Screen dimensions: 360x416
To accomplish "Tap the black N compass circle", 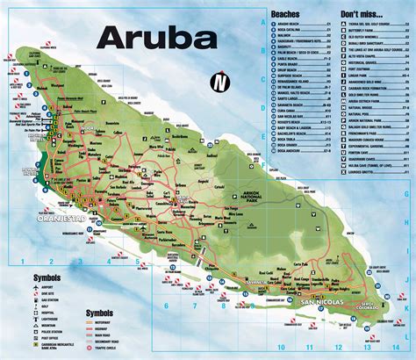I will coord(218,84).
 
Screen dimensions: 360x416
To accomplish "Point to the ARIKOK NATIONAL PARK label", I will coord(266,198).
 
